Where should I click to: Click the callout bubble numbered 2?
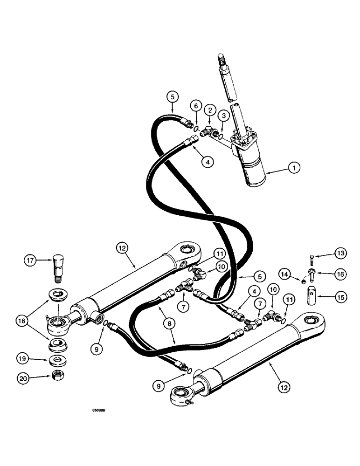pos(211,110)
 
